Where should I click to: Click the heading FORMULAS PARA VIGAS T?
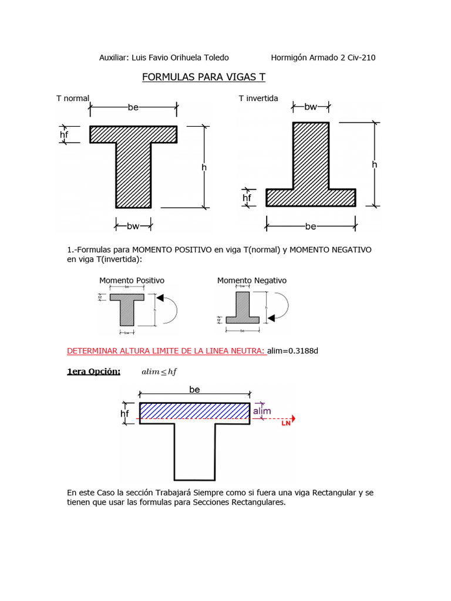point(204,77)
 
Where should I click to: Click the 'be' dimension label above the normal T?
point(133,107)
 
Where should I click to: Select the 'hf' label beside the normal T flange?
point(64,135)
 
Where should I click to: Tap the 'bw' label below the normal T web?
point(133,225)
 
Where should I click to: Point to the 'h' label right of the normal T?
point(204,167)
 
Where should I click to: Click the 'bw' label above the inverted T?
point(311,107)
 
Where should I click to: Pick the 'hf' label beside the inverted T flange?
point(247,198)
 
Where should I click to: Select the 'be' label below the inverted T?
point(311,226)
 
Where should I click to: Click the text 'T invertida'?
point(258,98)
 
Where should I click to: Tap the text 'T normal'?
point(73,98)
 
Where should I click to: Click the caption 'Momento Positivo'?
point(132,281)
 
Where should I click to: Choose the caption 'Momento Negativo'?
point(252,281)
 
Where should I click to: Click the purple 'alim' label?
point(262,411)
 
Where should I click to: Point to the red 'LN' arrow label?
point(286,423)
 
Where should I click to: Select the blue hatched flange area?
point(194,410)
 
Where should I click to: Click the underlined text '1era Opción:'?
point(94,372)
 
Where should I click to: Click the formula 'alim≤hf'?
point(159,372)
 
